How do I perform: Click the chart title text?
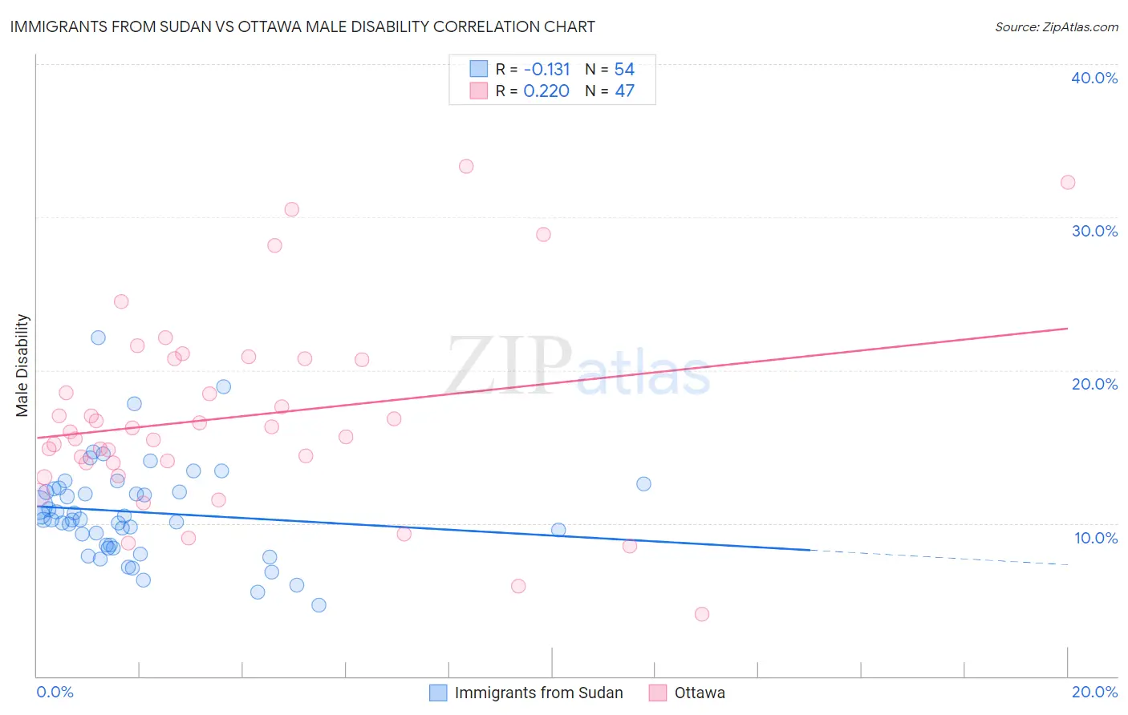pyautogui.click(x=302, y=26)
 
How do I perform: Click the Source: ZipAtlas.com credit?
pyautogui.click(x=1056, y=27)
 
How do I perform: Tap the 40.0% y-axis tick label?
pyautogui.click(x=1094, y=78)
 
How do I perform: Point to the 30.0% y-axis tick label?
pyautogui.click(x=1094, y=231)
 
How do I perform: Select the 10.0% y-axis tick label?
pyautogui.click(x=1096, y=538)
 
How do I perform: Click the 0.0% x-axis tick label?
pyautogui.click(x=55, y=692)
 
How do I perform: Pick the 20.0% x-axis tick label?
pyautogui.click(x=1094, y=692)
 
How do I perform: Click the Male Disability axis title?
pyautogui.click(x=22, y=365)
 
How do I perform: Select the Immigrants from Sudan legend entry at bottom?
pyautogui.click(x=526, y=693)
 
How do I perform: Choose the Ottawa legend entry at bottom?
pyautogui.click(x=688, y=693)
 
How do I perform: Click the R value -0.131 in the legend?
pyautogui.click(x=546, y=69)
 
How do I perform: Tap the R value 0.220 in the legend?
pyautogui.click(x=546, y=91)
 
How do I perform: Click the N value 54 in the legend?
pyautogui.click(x=624, y=69)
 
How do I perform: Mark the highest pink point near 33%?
pyautogui.click(x=466, y=167)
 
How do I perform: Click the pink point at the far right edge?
pyautogui.click(x=1068, y=183)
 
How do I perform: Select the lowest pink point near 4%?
pyautogui.click(x=702, y=614)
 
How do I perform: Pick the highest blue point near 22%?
pyautogui.click(x=98, y=337)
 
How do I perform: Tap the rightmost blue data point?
pyautogui.click(x=643, y=484)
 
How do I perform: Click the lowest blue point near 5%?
pyautogui.click(x=319, y=605)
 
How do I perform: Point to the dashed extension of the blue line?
pyautogui.click(x=939, y=557)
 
